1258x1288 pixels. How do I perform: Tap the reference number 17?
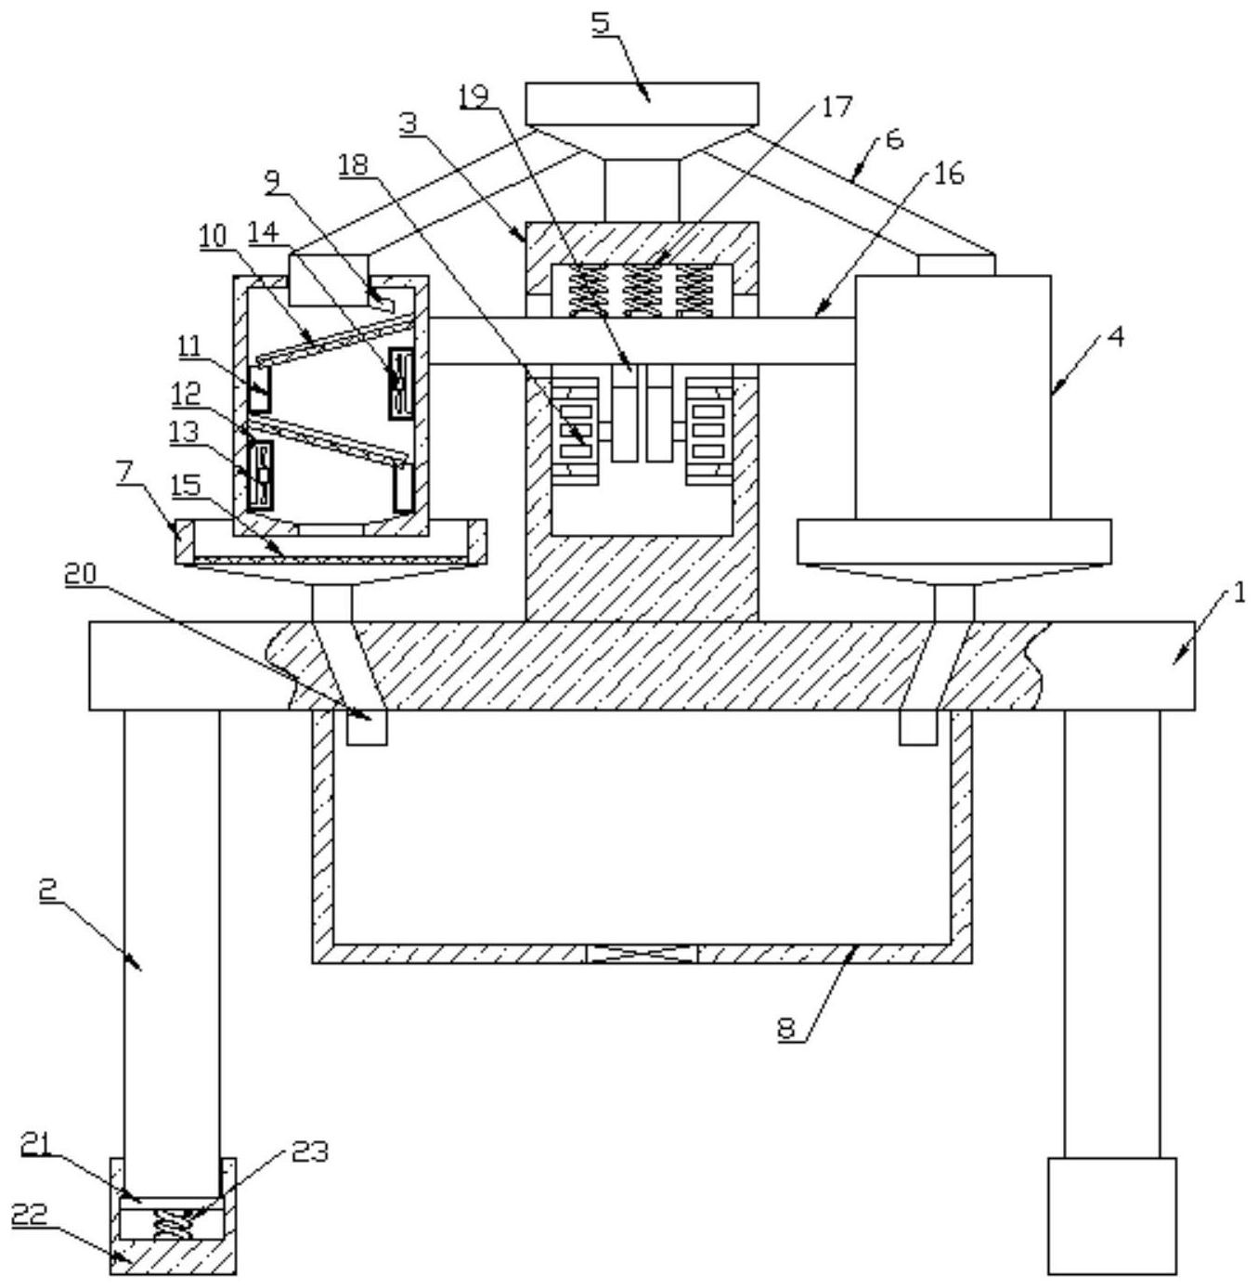[x=836, y=107]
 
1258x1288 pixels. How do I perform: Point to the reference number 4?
[x=1114, y=338]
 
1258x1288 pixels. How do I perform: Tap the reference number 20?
[x=81, y=575]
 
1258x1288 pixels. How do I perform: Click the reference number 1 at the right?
[x=1239, y=592]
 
